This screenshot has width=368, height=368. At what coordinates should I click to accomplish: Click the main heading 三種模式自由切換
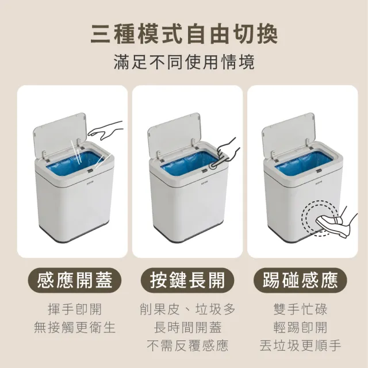coord(184,35)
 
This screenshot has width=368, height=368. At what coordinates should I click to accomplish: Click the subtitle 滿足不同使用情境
coord(184,62)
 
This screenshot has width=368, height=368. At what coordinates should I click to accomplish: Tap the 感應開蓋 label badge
coord(75,280)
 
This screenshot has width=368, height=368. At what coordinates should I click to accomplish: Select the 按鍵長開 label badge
coord(187,280)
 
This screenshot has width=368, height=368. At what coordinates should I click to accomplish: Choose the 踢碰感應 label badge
coord(300,280)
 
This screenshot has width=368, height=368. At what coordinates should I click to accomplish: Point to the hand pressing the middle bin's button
coord(227,152)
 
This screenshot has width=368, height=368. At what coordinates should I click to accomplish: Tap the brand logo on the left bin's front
coord(90,182)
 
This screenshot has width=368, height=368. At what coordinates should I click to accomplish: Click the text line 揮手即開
coord(75,309)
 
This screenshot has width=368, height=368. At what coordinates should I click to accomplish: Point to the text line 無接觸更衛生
coord(75,327)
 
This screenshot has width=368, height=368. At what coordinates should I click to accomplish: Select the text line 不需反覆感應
coord(187,346)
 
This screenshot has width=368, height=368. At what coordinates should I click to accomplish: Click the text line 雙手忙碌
coord(300,309)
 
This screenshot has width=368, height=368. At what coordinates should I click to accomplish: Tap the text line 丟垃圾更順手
coord(300,346)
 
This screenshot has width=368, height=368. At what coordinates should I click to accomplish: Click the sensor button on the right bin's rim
coord(319,171)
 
